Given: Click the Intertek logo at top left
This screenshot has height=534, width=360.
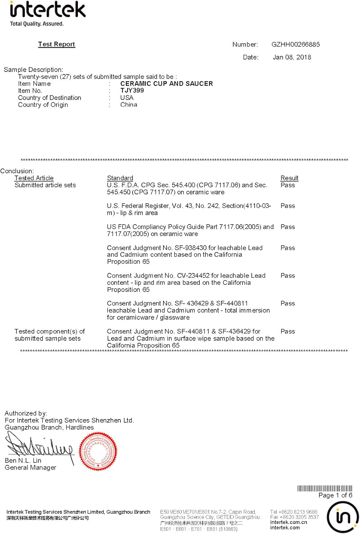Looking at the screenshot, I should [48, 14].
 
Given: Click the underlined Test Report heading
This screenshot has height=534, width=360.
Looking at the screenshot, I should [57, 44].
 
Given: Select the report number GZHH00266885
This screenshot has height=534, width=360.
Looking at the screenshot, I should [296, 44].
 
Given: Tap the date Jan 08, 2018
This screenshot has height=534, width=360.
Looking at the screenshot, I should [292, 57].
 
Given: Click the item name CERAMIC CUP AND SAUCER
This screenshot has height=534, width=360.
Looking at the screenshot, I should [166, 84].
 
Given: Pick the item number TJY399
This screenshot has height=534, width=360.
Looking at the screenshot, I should [132, 90].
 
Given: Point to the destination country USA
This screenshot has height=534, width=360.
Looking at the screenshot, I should [127, 98].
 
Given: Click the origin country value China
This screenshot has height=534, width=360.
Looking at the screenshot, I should [129, 105].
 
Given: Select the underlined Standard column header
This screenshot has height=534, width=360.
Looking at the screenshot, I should [120, 178].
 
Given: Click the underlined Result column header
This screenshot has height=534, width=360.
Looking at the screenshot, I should [289, 178].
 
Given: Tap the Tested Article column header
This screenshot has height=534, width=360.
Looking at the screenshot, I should [34, 178].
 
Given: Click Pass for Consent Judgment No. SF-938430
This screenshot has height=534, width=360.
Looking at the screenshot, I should [288, 248].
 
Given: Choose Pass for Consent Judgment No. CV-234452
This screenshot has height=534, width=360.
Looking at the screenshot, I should [288, 276].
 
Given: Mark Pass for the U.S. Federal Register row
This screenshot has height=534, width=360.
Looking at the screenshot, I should [288, 206].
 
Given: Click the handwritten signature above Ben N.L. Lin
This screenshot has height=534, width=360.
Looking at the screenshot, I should [39, 447].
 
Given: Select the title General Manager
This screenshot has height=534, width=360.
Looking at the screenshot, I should [30, 467].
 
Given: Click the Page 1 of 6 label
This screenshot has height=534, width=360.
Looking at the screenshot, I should [335, 495].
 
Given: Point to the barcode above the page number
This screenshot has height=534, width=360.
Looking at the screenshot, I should [324, 488].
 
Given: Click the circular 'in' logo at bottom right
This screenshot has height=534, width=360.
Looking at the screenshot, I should [343, 517].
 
